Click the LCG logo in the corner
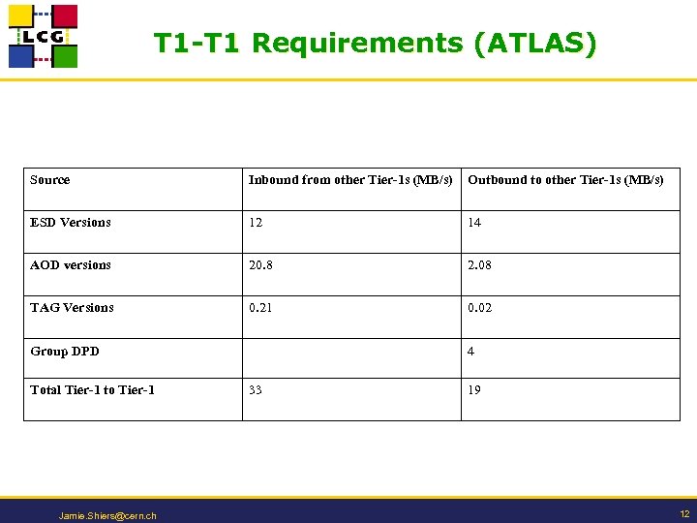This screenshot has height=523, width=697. pos(43,36)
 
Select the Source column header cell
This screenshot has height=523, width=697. pos(50,180)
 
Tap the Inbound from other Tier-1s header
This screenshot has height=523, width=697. pos(349,180)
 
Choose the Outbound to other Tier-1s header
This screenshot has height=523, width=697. pos(565,180)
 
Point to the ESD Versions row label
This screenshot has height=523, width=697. pos(71,223)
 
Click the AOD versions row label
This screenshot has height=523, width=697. pos(71,265)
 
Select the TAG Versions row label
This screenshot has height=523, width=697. pos(72,308)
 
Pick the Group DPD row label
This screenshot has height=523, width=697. pos(65,352)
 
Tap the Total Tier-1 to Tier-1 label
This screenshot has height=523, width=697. pos(92,390)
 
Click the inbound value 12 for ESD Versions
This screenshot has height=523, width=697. pos(256,223)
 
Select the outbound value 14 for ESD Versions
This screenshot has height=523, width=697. pos(474,223)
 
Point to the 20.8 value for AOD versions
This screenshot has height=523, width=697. pos(259,265)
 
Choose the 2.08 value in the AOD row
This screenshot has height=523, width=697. pos(480,265)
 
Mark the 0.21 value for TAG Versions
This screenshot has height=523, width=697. pos(259,308)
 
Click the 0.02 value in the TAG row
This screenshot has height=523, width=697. pos(480,308)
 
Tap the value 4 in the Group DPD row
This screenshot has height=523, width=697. pos(470,352)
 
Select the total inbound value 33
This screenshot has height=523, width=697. pos(256,390)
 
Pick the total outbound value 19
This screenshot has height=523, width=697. pos(474,390)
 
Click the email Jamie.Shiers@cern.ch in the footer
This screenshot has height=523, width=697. pos(107,516)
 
